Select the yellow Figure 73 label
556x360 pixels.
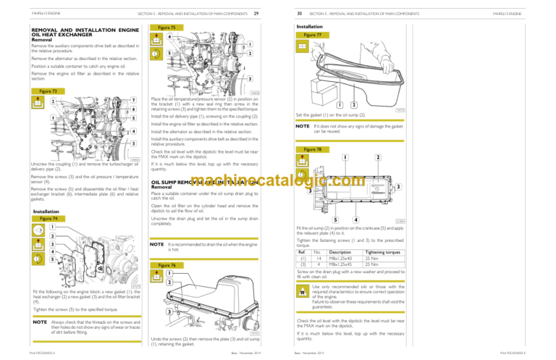45,91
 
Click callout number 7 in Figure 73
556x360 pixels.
135,99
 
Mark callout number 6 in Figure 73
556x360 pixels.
135,109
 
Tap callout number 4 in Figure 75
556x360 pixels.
169,38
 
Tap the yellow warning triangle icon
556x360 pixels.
302,291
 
